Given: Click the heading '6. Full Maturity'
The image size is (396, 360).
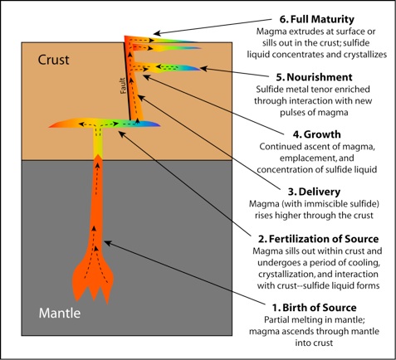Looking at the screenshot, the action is click(317, 19).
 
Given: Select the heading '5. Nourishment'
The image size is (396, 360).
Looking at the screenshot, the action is click(314, 77).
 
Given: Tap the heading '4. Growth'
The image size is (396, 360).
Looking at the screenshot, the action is click(317, 134).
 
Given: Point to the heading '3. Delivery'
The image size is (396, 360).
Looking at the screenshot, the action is click(314, 192).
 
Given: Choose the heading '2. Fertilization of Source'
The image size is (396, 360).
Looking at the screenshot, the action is click(318, 239).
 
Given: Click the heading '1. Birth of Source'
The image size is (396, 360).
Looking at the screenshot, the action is click(315, 308).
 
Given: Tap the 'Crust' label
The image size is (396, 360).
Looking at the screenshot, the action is click(53, 60).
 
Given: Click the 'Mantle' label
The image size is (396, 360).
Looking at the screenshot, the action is click(60, 313).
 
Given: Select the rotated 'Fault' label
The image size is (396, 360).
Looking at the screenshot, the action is click(123, 85).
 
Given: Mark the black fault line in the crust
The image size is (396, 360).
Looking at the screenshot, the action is click(127, 80).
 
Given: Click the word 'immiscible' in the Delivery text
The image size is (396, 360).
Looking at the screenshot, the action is click(325, 204).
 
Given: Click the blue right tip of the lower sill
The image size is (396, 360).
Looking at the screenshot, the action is click(159, 125).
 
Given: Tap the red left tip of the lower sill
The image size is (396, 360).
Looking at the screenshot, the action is click(51, 126).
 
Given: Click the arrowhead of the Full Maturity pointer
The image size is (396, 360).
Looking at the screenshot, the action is click(157, 33).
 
